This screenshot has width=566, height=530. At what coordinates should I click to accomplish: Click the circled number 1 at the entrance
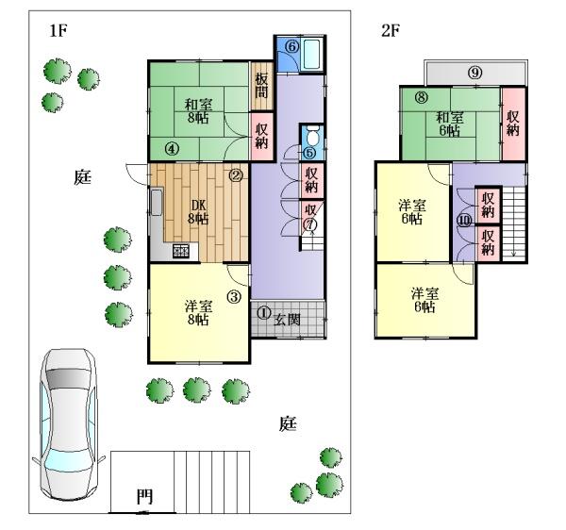coord(263,313)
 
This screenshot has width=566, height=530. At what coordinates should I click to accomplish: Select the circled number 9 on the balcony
coord(475,73)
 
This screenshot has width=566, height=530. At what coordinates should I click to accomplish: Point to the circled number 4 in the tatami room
coord(172,148)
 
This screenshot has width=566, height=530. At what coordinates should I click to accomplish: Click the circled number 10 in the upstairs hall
coord(464,221)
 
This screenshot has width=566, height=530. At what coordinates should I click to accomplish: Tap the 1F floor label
coord(58,31)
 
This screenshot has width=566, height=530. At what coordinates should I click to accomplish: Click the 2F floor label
coord(391,31)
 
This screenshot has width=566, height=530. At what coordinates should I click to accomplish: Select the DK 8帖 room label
coord(198,212)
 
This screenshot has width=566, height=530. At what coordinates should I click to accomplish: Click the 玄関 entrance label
coord(287,320)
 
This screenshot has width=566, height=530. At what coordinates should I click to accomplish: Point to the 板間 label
coord(261,86)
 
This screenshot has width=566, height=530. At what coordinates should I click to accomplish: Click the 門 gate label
coord(144,497)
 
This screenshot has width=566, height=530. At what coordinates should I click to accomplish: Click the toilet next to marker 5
coord(312,135)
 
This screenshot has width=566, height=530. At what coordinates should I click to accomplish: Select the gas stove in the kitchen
coord(181,251)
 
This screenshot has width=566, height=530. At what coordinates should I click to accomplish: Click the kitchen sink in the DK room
coord(156,202)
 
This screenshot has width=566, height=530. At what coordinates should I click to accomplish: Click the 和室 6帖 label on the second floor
coord(449,124)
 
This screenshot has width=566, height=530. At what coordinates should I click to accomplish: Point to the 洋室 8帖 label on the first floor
coord(198,313)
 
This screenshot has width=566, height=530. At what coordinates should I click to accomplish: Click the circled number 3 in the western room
coord(234,297)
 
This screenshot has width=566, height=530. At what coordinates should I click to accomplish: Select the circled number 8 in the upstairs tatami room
coord(421,97)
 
